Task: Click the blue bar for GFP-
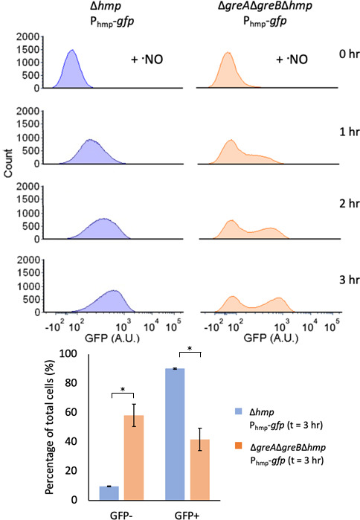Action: [x=109, y=493]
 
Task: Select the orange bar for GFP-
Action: [x=134, y=458]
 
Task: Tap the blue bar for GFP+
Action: [x=175, y=434]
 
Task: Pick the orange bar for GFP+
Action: [x=199, y=469]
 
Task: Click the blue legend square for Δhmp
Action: [x=238, y=411]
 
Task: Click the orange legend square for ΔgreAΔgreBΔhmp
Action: [x=238, y=446]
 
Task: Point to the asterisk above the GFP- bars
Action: [x=123, y=390]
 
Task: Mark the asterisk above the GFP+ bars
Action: [x=190, y=349]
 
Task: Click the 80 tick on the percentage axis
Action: [x=70, y=382]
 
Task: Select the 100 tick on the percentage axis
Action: [x=68, y=353]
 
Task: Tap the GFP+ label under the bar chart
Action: [x=187, y=516]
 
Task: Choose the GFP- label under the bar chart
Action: [x=121, y=516]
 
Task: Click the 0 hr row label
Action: [x=350, y=54]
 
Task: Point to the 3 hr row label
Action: [x=350, y=280]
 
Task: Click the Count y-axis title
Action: [x=8, y=163]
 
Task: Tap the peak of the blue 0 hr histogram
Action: [x=71, y=50]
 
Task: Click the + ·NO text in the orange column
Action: [x=292, y=60]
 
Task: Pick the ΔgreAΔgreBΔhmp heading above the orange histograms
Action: [x=265, y=6]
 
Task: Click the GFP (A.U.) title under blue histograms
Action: [x=112, y=338]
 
